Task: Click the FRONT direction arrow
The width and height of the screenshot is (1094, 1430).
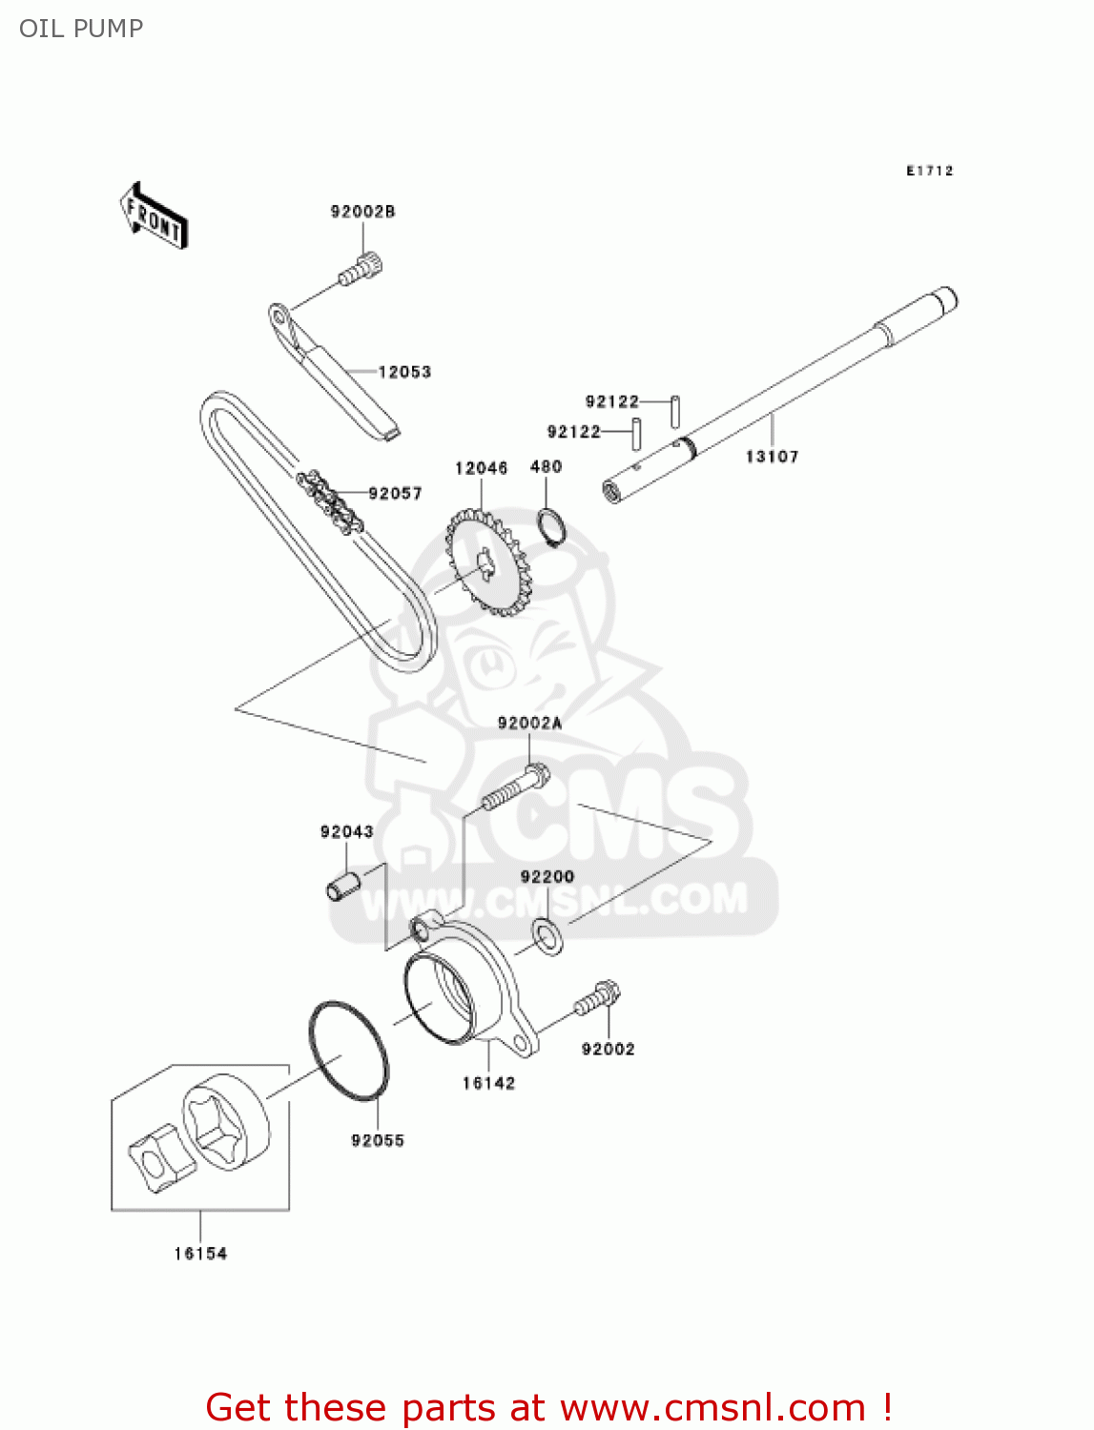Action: click(x=154, y=216)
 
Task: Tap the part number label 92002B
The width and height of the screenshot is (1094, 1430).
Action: click(x=362, y=212)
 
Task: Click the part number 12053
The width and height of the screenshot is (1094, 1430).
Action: click(x=404, y=372)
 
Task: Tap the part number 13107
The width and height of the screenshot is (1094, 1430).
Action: click(x=772, y=457)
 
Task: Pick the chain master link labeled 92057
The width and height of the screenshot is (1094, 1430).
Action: click(x=330, y=500)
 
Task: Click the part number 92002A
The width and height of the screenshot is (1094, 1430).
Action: click(x=529, y=724)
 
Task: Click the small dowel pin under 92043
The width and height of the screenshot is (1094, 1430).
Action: click(x=342, y=884)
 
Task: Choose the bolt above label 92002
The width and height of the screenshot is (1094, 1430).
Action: click(x=597, y=998)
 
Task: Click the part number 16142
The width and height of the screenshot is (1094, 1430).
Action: click(x=488, y=1083)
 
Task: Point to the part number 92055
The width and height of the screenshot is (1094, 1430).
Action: click(x=378, y=1140)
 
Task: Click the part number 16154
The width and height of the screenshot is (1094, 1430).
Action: click(x=200, y=1254)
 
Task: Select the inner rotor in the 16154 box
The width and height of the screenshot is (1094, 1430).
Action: click(x=156, y=1158)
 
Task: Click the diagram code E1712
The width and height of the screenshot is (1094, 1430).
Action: click(x=929, y=171)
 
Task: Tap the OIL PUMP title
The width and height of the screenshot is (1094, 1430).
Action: click(x=81, y=29)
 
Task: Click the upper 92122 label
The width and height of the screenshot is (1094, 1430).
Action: click(x=611, y=401)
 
